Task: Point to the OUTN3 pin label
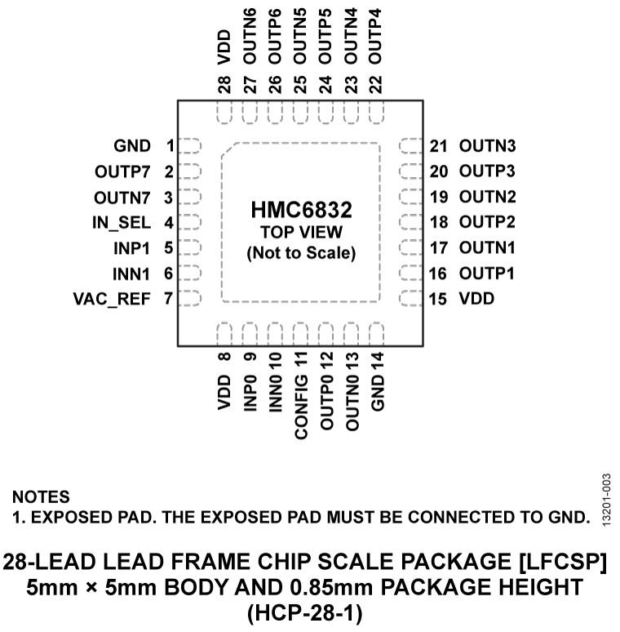coord(488,147)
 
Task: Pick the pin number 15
coord(439,299)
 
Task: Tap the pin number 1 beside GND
coord(170,147)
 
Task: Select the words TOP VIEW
coord(301,233)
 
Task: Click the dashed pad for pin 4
coord(189,222)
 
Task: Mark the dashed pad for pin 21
coord(410,147)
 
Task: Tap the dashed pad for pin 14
coord(376,334)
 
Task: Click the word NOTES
coord(41,496)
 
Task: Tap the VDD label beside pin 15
coord(476,299)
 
